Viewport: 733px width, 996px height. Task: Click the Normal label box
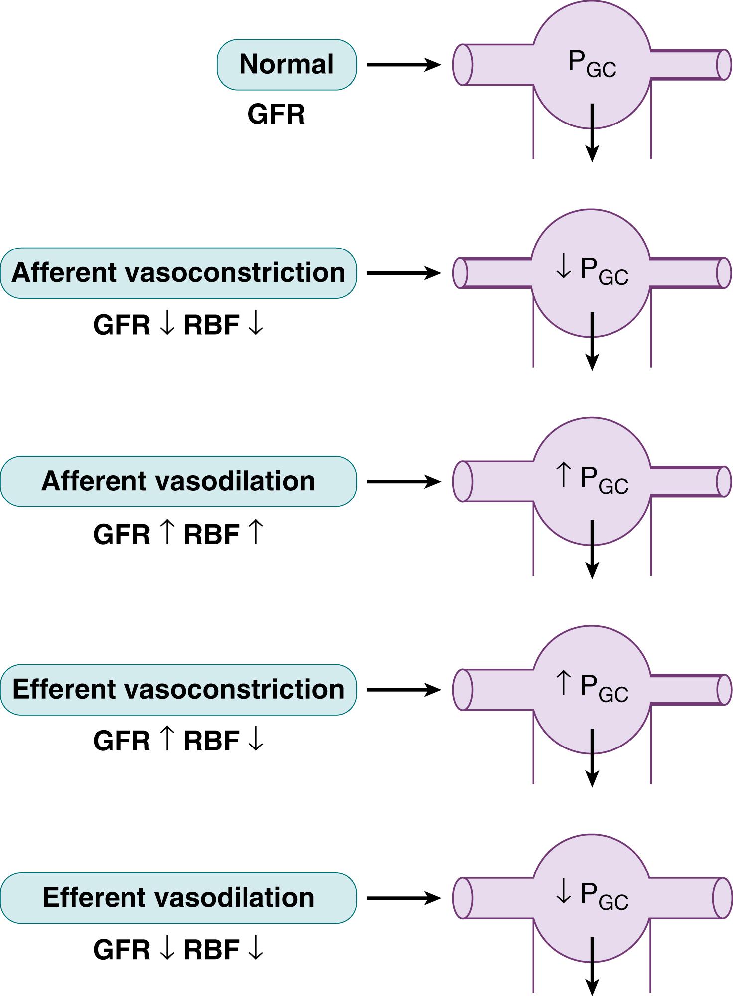286,65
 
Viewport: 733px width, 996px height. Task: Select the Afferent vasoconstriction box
178,273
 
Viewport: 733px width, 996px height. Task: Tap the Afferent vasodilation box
178,481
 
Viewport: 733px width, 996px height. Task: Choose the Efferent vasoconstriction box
178,690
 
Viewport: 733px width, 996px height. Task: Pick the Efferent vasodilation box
178,898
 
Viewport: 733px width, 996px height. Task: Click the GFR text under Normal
276,115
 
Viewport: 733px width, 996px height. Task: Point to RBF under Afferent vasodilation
212,535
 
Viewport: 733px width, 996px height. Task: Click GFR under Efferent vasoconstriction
122,741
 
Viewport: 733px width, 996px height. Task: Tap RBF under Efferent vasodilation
212,950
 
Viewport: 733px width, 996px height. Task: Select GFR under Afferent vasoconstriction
122,326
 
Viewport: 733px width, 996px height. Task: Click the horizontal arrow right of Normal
403,65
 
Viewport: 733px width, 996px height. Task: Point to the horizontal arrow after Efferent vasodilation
403,898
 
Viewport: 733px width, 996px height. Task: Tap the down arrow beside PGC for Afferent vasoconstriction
563,269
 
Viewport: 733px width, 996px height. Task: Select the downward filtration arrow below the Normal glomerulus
592,132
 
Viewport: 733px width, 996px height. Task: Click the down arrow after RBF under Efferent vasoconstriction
256,741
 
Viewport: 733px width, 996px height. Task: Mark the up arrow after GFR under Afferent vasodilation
167,534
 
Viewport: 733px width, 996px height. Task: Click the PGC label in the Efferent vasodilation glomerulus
604,896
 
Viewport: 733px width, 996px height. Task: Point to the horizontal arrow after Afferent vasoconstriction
403,273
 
